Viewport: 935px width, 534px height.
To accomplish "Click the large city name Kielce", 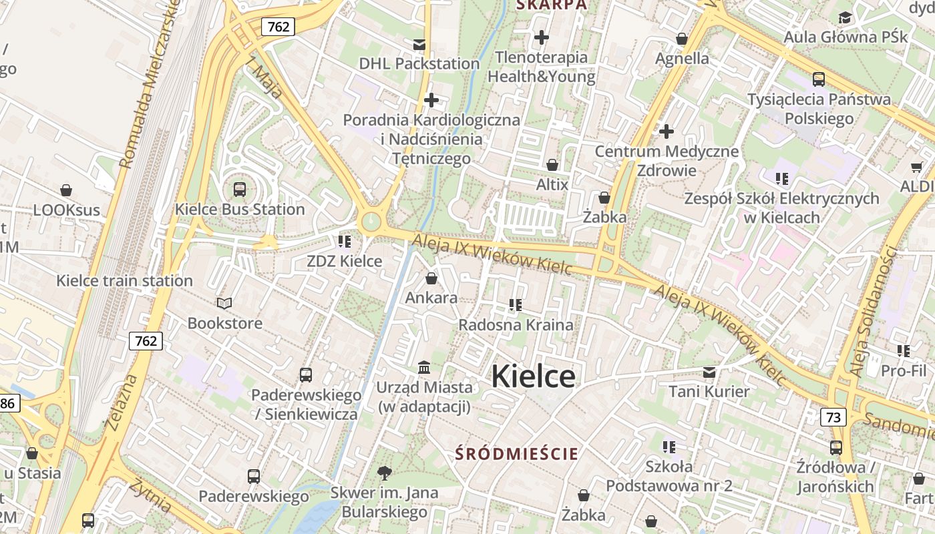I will pos(533,376).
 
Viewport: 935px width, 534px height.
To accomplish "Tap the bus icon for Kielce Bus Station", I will pos(240,190).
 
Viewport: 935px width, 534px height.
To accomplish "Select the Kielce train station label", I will pos(124,280).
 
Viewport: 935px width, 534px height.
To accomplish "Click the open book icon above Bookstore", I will pos(224,304).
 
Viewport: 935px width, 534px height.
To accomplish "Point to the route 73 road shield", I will pos(833,417).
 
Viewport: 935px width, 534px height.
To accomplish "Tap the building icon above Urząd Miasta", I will pos(424,368).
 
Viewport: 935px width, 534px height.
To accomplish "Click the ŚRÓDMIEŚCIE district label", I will pos(516,454).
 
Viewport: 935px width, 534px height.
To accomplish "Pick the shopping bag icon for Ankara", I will pos(431,278).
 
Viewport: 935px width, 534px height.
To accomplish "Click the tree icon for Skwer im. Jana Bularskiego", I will pos(384,473).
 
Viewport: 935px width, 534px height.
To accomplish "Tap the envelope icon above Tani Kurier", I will pos(709,372).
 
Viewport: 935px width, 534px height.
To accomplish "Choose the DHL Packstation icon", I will pos(419,45).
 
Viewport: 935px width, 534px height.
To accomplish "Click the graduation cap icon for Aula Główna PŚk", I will pos(846,17).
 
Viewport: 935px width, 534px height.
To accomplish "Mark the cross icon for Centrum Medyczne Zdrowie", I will pos(666,131).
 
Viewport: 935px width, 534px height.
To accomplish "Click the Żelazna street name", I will pos(122,400).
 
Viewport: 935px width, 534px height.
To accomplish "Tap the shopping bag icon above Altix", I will pos(552,165).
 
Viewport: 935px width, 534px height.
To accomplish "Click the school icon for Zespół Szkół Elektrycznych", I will pos(781,179).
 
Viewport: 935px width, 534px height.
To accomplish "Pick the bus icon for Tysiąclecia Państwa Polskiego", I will pos(819,79).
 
